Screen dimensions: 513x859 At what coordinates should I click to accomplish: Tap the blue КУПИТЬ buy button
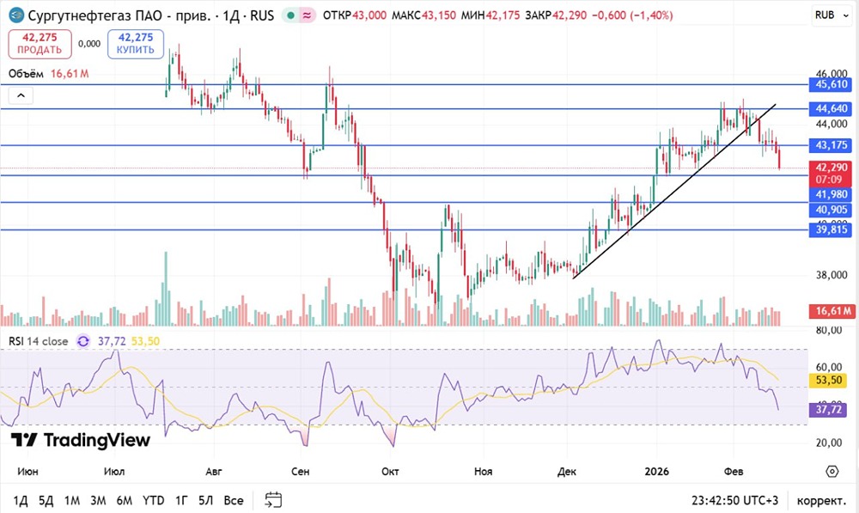click(136, 43)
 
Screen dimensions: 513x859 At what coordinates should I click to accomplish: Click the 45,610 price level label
click(832, 84)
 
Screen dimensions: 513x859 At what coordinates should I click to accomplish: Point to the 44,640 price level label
click(832, 108)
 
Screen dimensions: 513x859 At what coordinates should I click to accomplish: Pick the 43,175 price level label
click(832, 145)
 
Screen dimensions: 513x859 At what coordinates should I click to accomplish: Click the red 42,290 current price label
click(832, 167)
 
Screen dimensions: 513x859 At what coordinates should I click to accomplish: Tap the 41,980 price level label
click(832, 195)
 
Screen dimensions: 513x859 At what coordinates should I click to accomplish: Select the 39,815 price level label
click(832, 229)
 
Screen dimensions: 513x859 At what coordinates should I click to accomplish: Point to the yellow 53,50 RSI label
click(832, 380)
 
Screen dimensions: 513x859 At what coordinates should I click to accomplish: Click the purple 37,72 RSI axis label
click(832, 412)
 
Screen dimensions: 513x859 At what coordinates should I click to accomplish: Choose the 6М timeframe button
click(125, 500)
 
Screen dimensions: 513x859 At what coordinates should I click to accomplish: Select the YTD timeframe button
click(153, 500)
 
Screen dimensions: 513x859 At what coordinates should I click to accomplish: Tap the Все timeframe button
click(233, 500)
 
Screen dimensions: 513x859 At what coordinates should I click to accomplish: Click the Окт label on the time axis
click(391, 472)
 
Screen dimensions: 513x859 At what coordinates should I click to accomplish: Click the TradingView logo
click(81, 441)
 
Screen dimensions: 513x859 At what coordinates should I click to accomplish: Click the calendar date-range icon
click(274, 500)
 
